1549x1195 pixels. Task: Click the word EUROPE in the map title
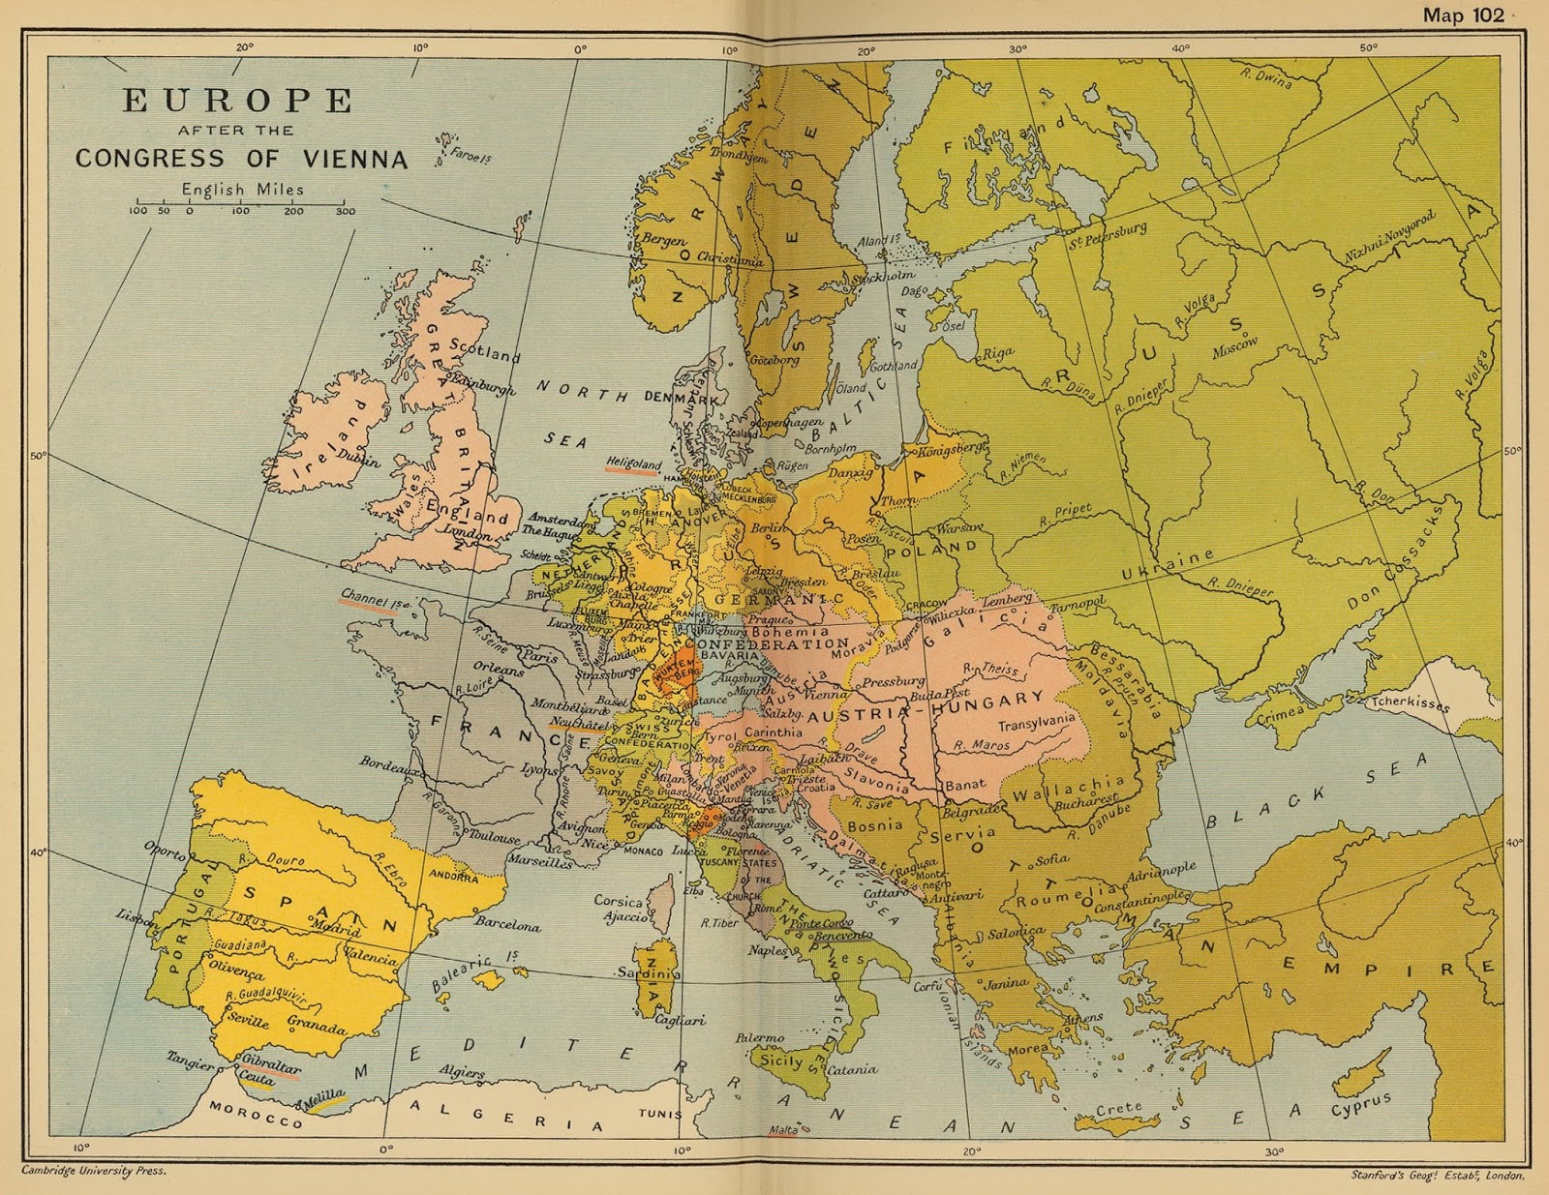click(238, 101)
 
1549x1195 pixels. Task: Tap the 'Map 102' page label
click(1463, 15)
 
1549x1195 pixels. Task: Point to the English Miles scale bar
click(242, 206)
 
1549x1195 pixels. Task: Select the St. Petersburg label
click(1108, 235)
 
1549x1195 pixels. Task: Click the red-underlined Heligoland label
click(633, 463)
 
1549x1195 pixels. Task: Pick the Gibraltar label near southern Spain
click(271, 1063)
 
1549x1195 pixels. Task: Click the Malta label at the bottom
click(783, 1129)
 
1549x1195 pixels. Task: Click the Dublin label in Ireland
click(359, 461)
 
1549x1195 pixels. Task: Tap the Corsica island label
click(618, 901)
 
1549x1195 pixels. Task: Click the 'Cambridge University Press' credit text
click(94, 1170)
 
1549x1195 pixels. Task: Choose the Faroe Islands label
click(471, 155)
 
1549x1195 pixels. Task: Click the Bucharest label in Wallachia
click(1085, 801)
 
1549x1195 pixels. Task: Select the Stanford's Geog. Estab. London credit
click(1438, 1176)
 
